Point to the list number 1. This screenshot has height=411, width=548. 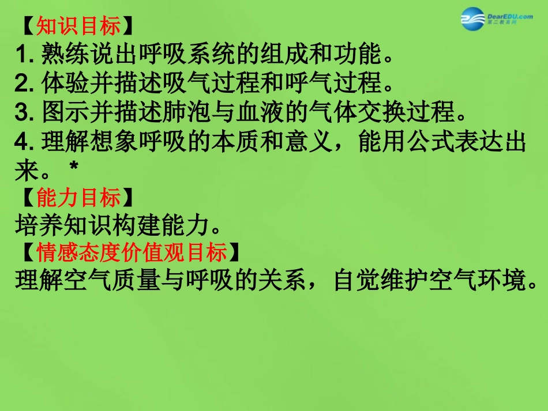click(x=24, y=56)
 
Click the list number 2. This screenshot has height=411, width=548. click(x=24, y=84)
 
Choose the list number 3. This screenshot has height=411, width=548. click(x=24, y=113)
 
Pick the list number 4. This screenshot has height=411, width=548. click(x=24, y=142)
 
